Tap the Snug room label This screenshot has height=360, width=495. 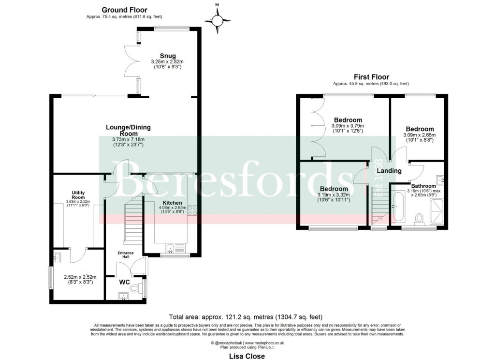tap(168, 56)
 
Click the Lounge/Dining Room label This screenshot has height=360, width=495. tap(128, 130)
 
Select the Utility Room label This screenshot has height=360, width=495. tap(78, 195)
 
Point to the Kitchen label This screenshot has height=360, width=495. tap(172, 203)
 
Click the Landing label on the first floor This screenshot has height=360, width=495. tap(389, 171)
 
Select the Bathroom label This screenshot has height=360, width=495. tap(425, 185)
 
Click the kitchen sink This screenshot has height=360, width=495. tap(170, 249)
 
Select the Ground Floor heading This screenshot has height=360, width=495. tap(125, 10)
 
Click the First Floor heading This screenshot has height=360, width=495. tap(371, 77)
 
